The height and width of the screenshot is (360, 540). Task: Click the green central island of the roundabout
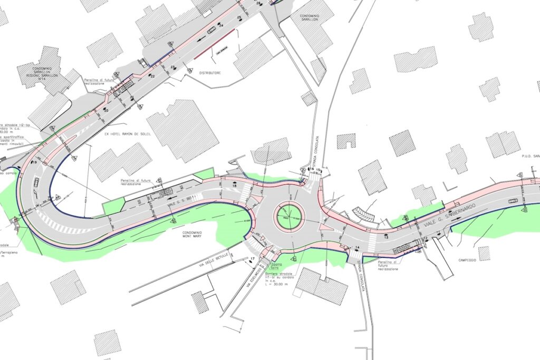click(x=288, y=215)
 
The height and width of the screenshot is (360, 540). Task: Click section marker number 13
click(x=386, y=238)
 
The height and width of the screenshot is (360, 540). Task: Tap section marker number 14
click(x=357, y=248)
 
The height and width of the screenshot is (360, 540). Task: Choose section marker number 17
click(x=253, y=258)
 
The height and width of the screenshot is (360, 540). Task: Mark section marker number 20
click(x=105, y=111)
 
